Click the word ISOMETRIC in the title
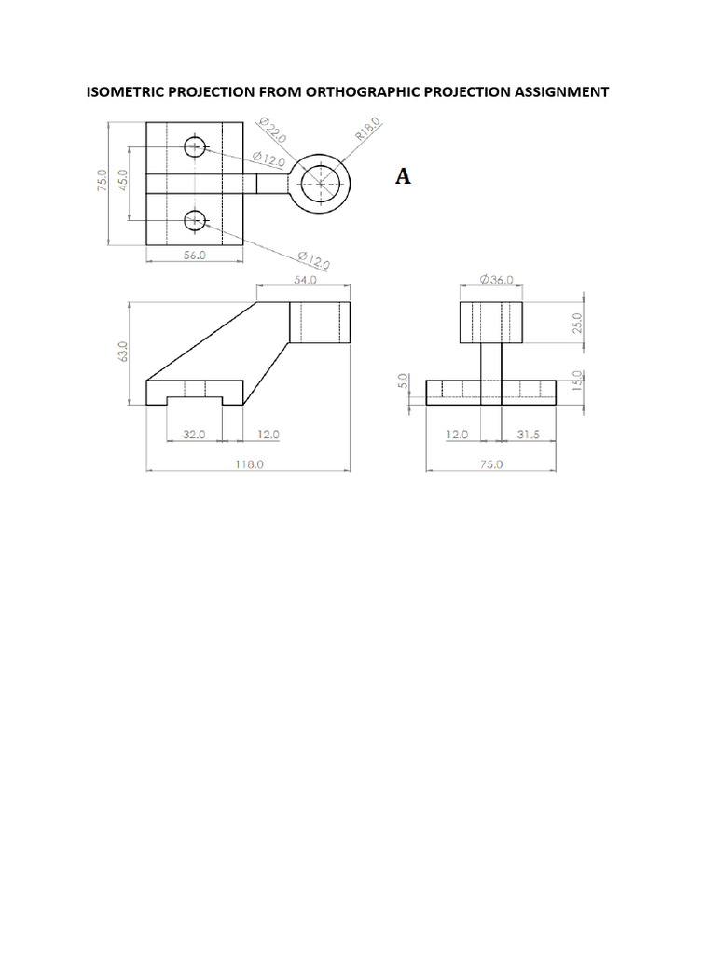127,91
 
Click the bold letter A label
403,176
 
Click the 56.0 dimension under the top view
194,255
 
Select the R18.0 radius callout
367,129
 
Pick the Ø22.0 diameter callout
271,130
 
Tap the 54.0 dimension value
305,280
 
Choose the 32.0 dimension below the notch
193,434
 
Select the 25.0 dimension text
576,323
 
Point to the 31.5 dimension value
529,434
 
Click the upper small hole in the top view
194,146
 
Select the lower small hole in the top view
194,220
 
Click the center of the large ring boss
321,184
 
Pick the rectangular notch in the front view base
194,401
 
